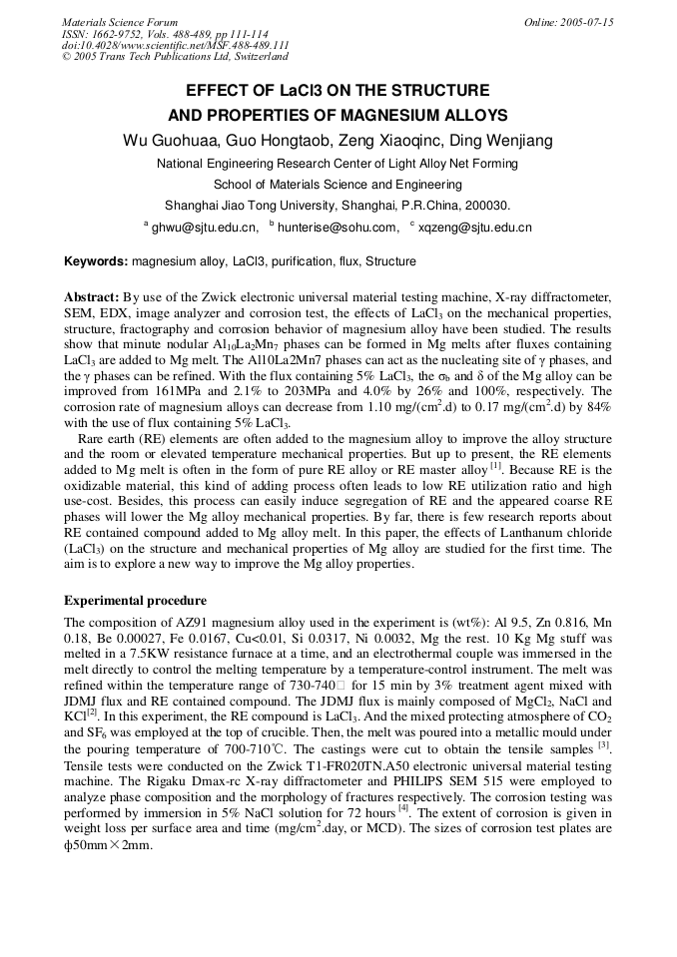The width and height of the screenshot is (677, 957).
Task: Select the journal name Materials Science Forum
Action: point(120,22)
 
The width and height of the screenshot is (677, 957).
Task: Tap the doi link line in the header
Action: point(175,46)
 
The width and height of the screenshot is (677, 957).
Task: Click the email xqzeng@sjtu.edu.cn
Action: point(475,228)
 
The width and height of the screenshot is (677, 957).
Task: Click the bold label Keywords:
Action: point(96,261)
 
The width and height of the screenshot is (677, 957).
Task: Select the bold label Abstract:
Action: point(92,297)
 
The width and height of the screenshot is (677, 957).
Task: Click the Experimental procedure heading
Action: point(135,601)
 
